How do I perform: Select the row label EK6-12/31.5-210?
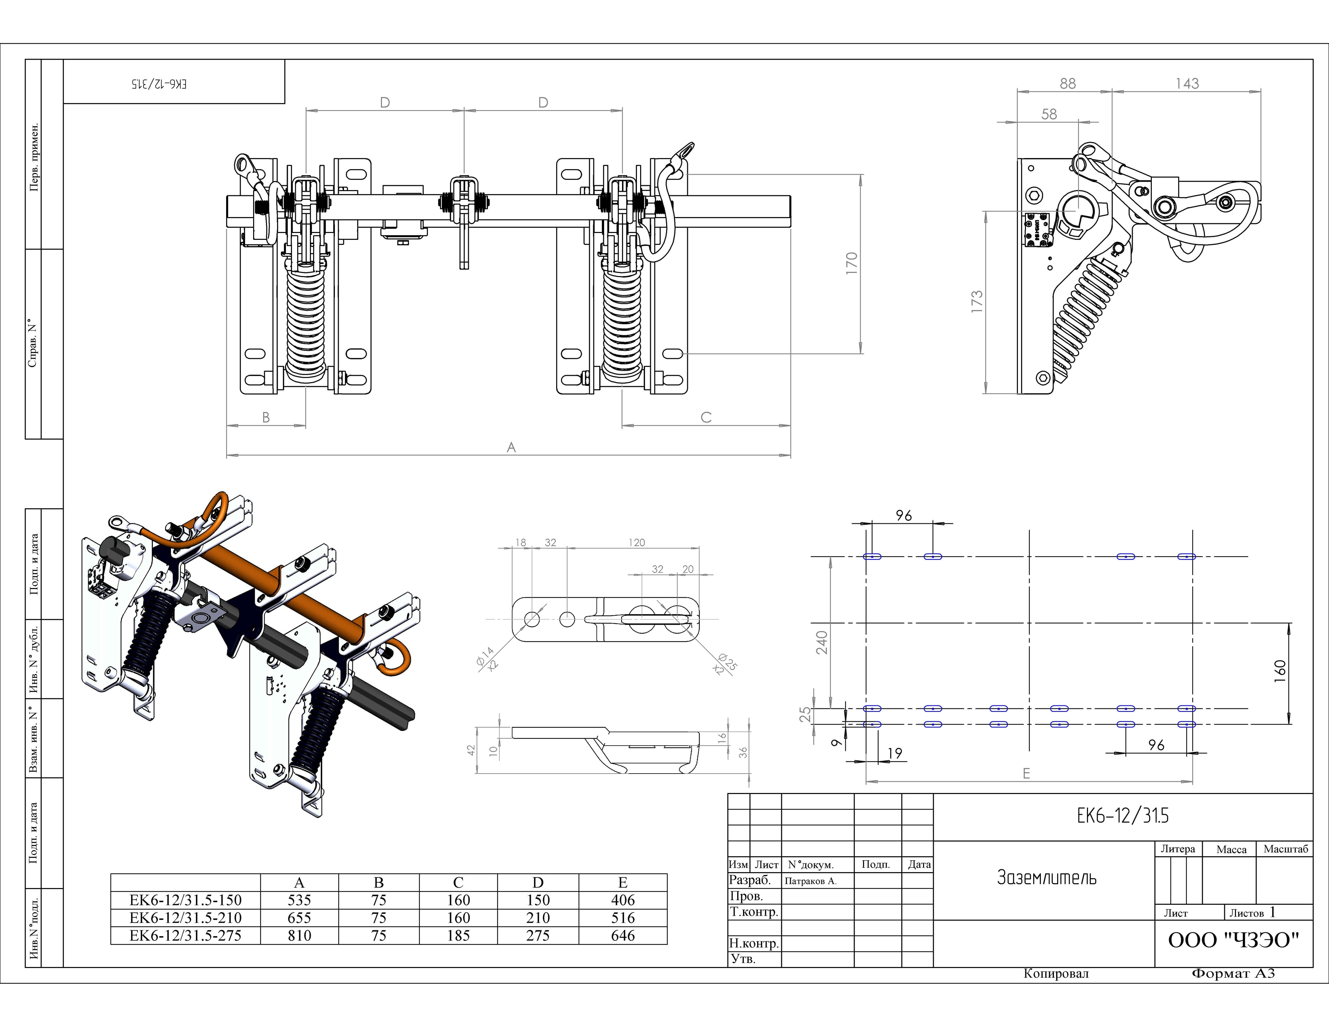point(186,918)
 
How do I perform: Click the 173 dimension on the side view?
point(977,302)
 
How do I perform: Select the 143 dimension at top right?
point(1187,83)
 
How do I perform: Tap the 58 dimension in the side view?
point(1049,114)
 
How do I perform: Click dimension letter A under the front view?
point(511,447)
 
